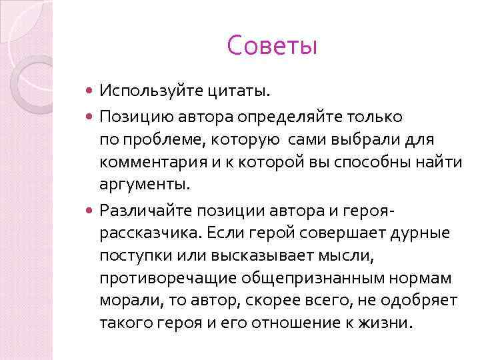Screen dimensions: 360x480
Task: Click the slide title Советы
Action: pos(272,46)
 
